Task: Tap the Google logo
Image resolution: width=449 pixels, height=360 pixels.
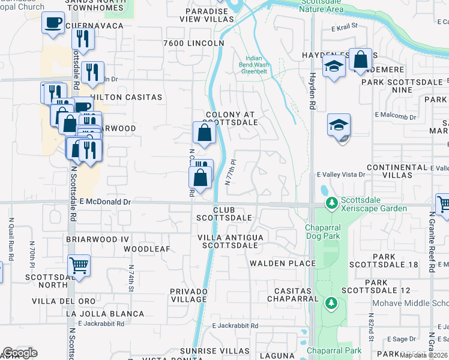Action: coord(20,353)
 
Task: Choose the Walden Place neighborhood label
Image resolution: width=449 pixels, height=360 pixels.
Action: coord(283,263)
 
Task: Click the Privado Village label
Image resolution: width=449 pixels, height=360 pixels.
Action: coord(188,295)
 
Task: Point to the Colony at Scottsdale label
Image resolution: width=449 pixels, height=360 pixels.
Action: coord(231,118)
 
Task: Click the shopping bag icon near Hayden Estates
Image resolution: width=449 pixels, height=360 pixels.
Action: coord(361,59)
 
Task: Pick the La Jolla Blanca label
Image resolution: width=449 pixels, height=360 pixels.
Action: coord(105,314)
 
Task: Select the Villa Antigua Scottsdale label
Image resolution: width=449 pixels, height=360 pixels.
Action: coord(231,241)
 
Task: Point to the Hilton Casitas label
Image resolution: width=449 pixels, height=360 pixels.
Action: coord(126,97)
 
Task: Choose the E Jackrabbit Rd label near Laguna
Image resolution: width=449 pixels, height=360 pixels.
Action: coord(235,326)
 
